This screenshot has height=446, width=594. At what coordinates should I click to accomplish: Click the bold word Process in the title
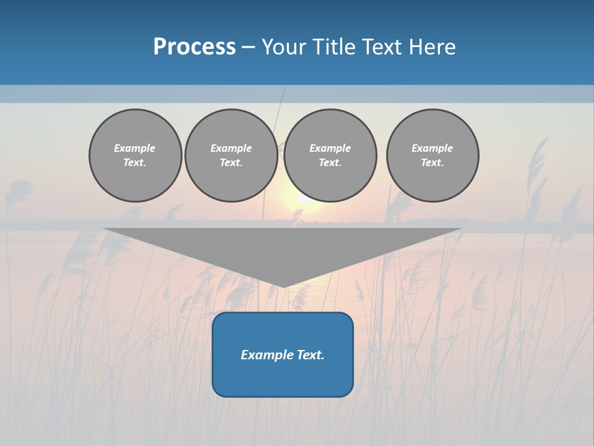[194, 47]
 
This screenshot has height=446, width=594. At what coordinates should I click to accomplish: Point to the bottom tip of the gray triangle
[283, 286]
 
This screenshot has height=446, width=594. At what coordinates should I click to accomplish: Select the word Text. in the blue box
[310, 355]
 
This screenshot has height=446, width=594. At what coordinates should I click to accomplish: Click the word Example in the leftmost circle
[135, 148]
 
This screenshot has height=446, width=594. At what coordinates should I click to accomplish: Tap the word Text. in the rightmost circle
[433, 162]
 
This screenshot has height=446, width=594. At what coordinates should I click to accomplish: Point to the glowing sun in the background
[303, 197]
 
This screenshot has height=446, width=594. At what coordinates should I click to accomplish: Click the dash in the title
[249, 47]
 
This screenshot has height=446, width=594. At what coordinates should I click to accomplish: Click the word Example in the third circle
[330, 148]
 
